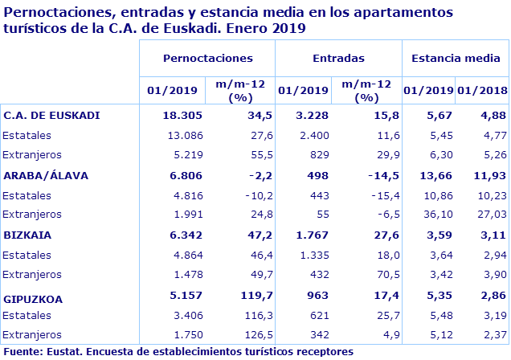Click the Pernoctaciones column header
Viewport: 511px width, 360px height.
click(x=207, y=59)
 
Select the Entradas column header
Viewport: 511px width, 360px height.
click(x=338, y=59)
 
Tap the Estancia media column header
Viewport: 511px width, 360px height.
click(x=456, y=59)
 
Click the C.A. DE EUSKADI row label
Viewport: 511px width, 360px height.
click(x=51, y=115)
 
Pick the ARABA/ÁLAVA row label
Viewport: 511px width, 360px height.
click(x=46, y=175)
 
